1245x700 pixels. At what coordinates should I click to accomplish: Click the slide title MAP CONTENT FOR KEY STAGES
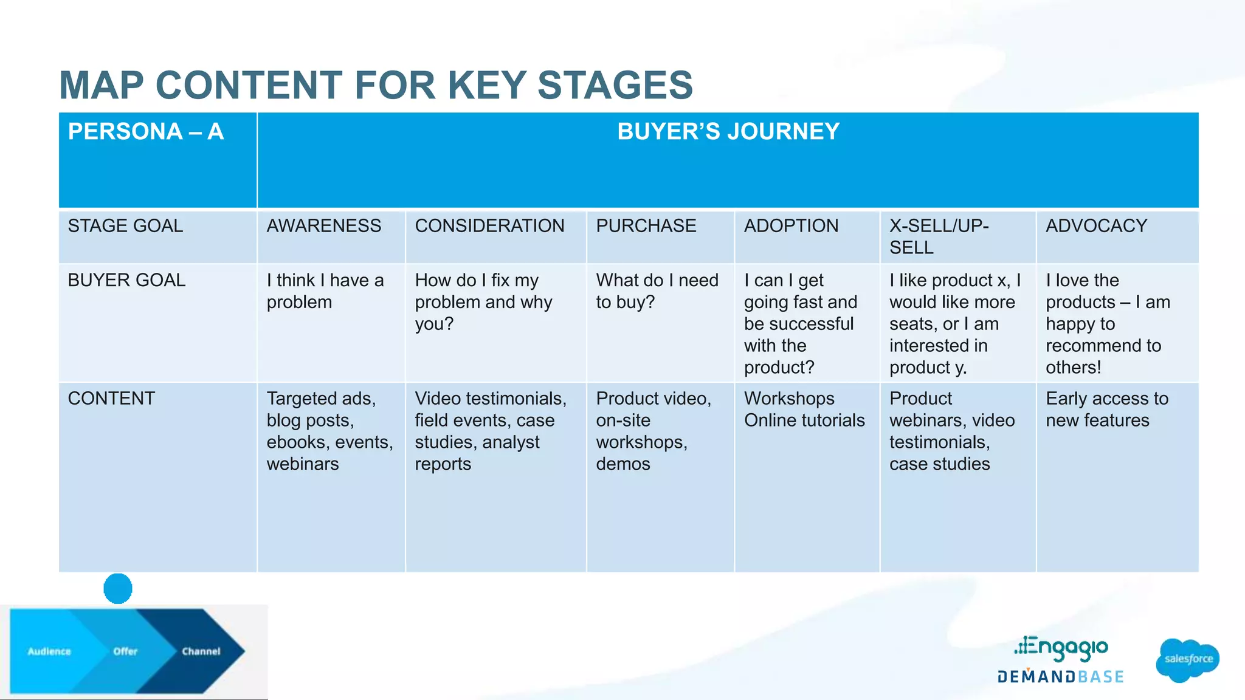(376, 85)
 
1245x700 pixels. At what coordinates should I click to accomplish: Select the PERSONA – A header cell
(146, 132)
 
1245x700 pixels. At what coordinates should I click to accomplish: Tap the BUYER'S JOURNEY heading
(728, 132)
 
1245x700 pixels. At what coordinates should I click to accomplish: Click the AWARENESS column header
(323, 226)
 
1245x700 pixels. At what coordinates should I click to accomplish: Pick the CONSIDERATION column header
(489, 226)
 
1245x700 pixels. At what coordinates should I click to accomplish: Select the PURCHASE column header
(646, 226)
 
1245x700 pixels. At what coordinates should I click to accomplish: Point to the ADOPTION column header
(791, 226)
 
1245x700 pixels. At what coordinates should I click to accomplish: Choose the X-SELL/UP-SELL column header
(939, 236)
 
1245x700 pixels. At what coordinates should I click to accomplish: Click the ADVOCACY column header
(1096, 226)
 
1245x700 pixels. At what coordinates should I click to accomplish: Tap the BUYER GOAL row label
(126, 280)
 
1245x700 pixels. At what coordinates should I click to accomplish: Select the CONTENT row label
(111, 399)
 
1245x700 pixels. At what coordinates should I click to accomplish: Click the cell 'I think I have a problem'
(325, 291)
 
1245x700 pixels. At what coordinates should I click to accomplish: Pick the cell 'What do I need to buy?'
(657, 291)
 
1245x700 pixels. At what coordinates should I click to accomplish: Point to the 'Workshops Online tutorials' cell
(804, 410)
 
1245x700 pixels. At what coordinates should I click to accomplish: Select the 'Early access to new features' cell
(1106, 410)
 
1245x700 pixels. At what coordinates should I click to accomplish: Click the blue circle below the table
(118, 588)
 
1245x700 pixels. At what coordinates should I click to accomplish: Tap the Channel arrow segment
(201, 651)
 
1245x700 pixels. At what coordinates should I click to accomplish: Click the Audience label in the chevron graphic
(49, 651)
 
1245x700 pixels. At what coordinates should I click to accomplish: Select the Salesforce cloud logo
(1188, 659)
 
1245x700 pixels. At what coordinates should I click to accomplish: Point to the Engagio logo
(1061, 648)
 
